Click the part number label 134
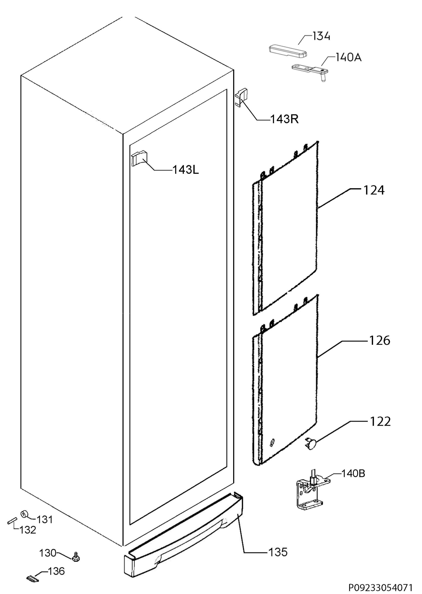321,36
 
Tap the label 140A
348,57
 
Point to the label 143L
186,170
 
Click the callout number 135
278,552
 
